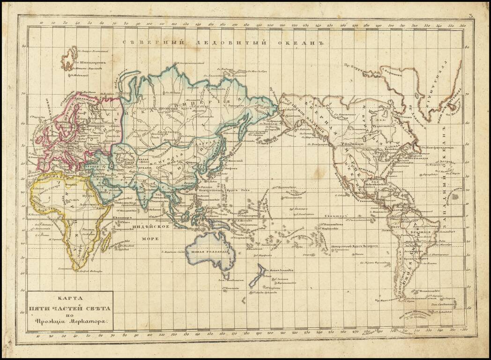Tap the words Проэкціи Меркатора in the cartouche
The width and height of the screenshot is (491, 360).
point(70,322)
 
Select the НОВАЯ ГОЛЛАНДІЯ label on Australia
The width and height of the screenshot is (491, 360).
point(209,251)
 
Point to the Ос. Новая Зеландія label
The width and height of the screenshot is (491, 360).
point(279,270)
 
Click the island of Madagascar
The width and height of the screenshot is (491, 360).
point(106,240)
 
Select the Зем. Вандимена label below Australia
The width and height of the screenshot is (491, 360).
point(226,279)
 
